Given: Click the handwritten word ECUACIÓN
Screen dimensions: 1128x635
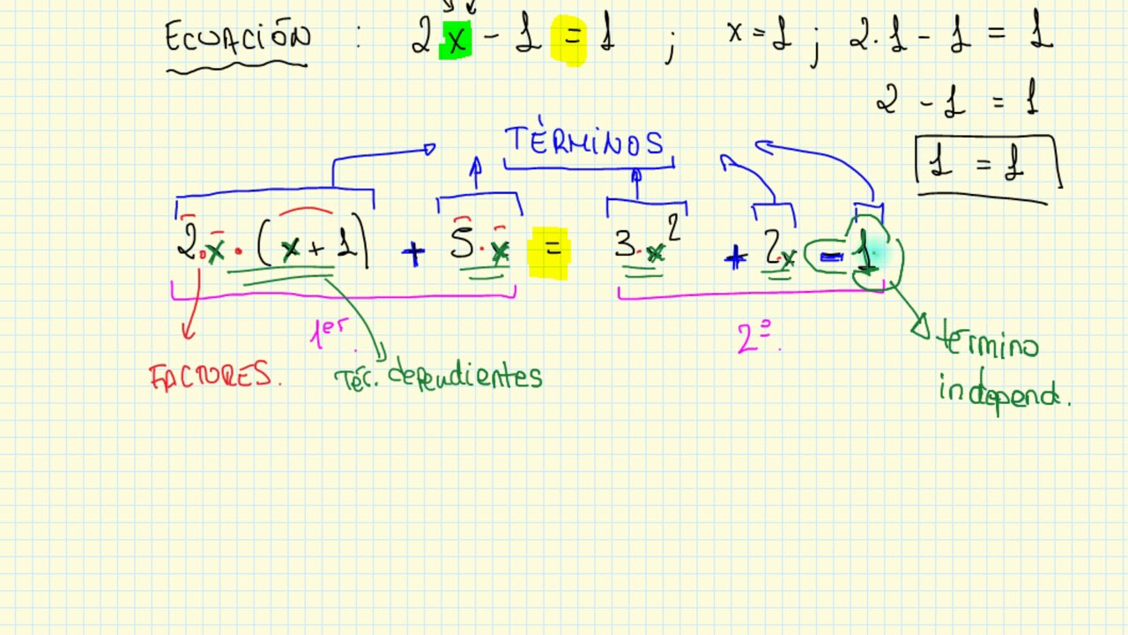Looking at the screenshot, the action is [238, 39].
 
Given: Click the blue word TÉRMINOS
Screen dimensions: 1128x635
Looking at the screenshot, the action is [583, 143].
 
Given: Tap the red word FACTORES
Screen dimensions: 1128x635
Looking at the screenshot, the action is [214, 377].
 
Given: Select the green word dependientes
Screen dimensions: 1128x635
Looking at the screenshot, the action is [465, 377].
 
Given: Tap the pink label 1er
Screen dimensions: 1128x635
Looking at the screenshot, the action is [330, 332].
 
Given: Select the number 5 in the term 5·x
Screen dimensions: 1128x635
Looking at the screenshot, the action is [461, 243].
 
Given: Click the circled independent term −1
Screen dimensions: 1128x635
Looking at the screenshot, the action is [853, 256].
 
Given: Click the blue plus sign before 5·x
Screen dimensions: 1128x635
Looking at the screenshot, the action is [412, 254].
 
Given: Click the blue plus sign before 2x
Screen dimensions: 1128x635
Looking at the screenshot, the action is [735, 258].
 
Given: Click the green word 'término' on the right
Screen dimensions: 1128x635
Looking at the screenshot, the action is [989, 343].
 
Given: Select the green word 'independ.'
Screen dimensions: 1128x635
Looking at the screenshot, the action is [1002, 392].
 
